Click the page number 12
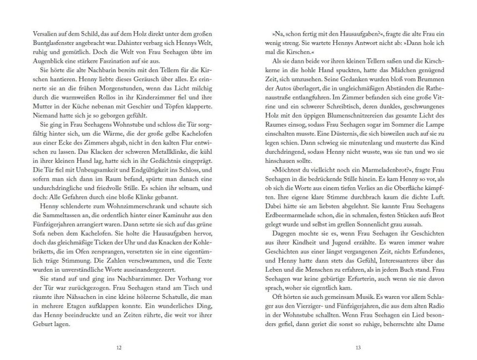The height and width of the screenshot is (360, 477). (118, 348)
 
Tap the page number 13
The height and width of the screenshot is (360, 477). (358, 348)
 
